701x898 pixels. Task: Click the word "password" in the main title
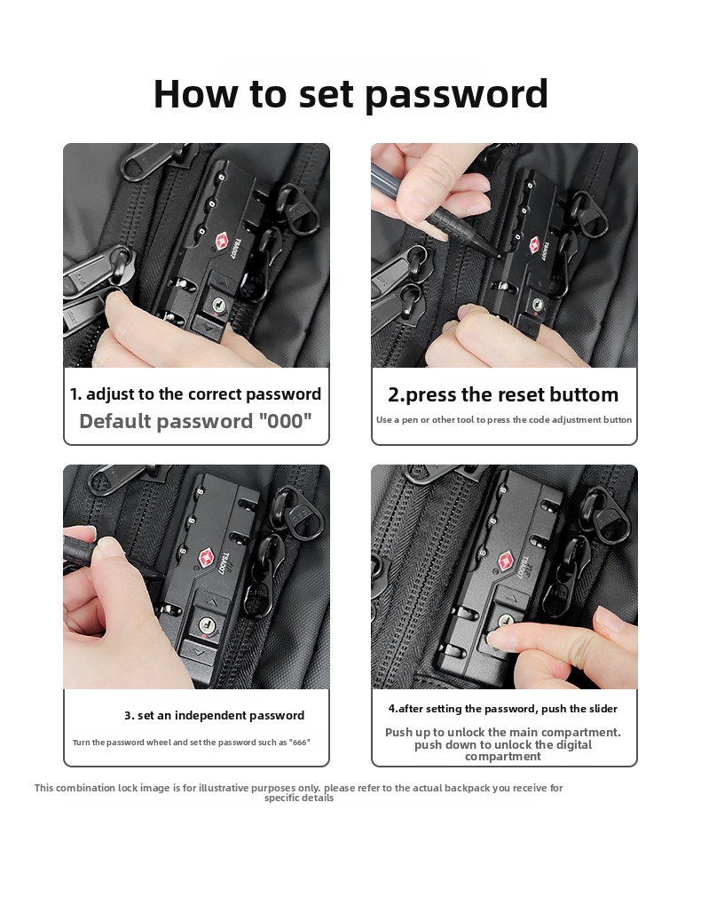[x=456, y=94]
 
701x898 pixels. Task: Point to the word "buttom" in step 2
[x=585, y=394]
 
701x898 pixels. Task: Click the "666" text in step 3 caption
[x=299, y=743]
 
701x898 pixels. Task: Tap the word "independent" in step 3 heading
[x=209, y=715]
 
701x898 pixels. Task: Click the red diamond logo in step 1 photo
[x=223, y=242]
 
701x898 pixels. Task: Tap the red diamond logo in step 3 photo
[x=206, y=557]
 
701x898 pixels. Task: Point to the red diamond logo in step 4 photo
[x=507, y=562]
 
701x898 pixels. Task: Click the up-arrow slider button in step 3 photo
[x=212, y=602]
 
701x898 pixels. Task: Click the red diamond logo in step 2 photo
[x=533, y=245]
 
